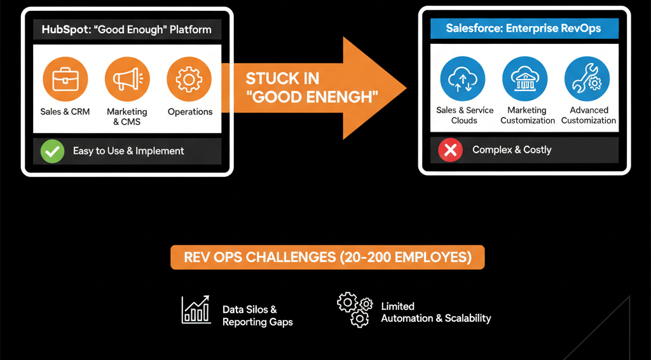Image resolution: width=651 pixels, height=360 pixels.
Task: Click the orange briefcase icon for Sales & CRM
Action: [x=65, y=80]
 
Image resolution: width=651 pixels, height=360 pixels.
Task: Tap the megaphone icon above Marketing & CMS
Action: [x=127, y=80]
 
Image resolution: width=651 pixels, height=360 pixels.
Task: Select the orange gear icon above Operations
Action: [x=189, y=80]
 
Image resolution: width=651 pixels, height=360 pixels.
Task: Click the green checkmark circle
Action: [x=52, y=151]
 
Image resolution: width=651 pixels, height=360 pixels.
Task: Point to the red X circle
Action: [x=450, y=150]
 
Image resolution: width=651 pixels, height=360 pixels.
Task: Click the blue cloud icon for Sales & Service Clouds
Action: [x=462, y=80]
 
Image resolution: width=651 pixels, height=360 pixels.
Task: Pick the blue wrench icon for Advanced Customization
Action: [x=587, y=80]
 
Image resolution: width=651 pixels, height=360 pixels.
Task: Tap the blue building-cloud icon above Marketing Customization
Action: [x=524, y=80]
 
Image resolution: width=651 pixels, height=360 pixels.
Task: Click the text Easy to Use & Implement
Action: [x=128, y=151]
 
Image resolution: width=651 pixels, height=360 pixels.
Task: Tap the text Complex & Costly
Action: [x=512, y=150]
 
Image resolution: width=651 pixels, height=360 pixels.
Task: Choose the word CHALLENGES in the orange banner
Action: [x=291, y=258]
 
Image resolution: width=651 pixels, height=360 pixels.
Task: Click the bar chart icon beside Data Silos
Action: [x=196, y=310]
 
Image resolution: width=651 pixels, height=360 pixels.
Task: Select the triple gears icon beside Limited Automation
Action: [x=353, y=310]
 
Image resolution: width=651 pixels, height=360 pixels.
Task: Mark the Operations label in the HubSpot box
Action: [x=189, y=112]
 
